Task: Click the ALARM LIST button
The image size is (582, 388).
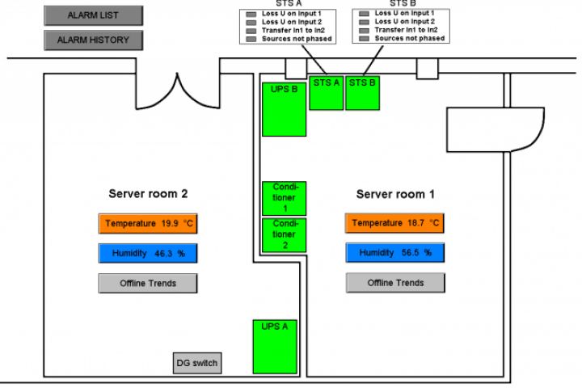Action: click(x=93, y=15)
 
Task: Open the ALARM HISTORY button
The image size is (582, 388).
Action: click(x=93, y=39)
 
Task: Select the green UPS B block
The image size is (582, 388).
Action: click(x=284, y=108)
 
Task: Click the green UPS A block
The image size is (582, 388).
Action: click(x=276, y=346)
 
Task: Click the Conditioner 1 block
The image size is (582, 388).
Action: click(x=285, y=198)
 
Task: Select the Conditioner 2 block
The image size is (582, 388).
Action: click(x=285, y=234)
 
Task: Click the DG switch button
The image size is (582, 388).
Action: click(x=197, y=364)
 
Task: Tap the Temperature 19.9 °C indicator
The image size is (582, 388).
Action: click(x=148, y=223)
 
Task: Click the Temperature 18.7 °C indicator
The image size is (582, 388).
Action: click(x=395, y=223)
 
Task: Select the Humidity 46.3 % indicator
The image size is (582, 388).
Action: click(x=148, y=253)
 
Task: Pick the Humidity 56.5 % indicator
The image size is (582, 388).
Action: click(x=395, y=253)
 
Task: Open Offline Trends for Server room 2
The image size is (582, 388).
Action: click(x=148, y=283)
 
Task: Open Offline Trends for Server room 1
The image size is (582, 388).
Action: click(x=395, y=283)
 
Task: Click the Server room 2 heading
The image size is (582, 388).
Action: click(x=148, y=194)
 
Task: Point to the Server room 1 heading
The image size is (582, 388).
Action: click(x=395, y=194)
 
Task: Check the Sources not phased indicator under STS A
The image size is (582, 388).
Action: click(x=251, y=38)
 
